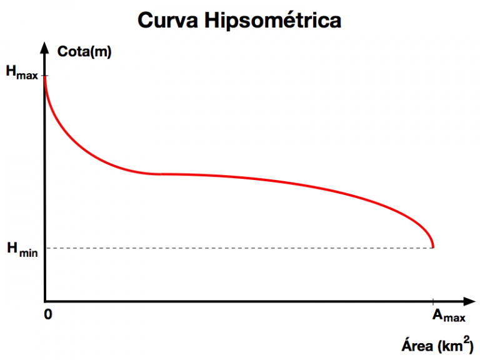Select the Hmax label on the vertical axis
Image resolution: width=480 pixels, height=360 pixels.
point(22,72)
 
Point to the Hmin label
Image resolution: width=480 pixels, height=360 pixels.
point(22,249)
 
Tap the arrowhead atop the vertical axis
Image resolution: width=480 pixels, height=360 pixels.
point(45,46)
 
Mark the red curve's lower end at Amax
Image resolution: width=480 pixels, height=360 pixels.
point(432,247)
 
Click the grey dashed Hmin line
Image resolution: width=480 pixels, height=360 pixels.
point(237,248)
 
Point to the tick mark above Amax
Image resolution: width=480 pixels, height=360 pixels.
point(432,301)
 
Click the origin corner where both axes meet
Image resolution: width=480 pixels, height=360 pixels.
point(45,301)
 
